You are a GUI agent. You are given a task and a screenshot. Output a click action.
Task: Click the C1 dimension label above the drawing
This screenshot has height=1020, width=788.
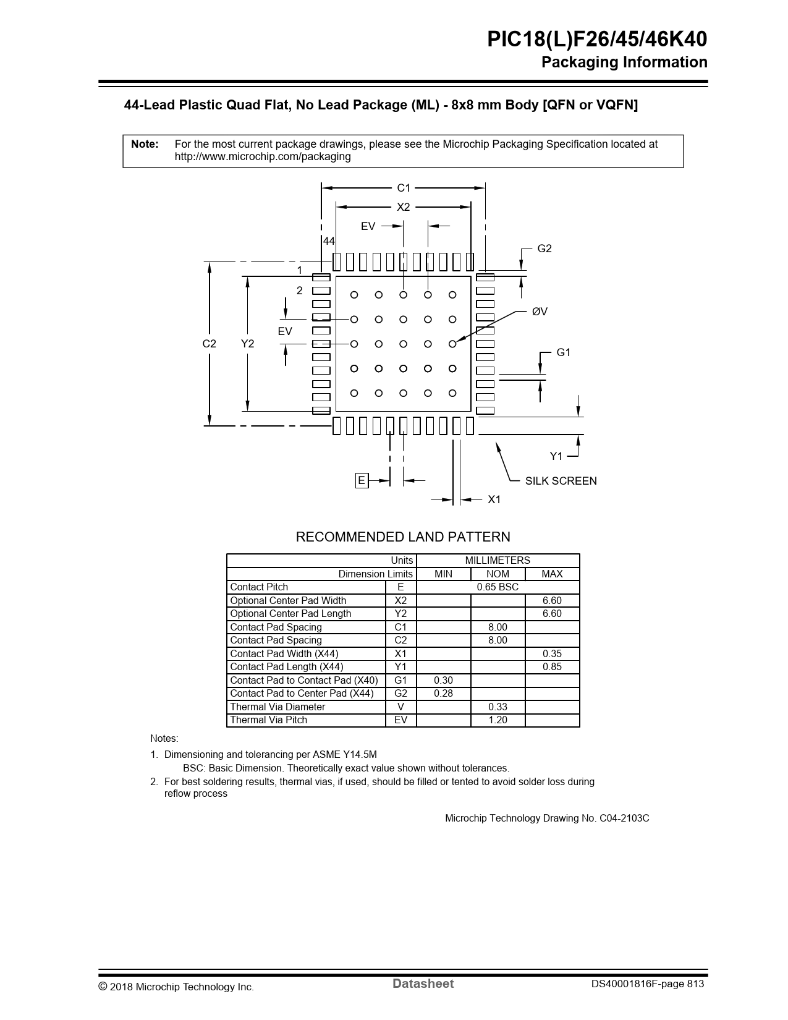tap(403, 188)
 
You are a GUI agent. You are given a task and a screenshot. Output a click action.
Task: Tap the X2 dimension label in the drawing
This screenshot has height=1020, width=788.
tap(403, 207)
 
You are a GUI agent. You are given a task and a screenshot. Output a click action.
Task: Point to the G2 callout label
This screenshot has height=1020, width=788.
tap(544, 249)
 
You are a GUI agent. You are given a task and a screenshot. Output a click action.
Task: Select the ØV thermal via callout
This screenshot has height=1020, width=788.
tap(540, 312)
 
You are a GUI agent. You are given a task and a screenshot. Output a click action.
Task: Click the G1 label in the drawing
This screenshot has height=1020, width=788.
tap(563, 352)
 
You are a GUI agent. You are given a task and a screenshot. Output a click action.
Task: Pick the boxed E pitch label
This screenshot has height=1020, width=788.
tap(362, 481)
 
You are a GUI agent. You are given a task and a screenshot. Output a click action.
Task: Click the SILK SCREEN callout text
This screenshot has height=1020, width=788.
tap(561, 481)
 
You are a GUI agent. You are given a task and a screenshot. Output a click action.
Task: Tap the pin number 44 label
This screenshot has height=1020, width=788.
tap(329, 241)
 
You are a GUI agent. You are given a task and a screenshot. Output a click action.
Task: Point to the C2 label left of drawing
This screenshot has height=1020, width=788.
tap(210, 344)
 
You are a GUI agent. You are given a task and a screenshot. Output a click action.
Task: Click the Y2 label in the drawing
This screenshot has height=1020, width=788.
tap(248, 344)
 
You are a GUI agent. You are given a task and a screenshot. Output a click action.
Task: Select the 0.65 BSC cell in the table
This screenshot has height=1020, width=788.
tap(498, 587)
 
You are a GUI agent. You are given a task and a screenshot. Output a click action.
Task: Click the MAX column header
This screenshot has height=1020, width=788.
tap(552, 574)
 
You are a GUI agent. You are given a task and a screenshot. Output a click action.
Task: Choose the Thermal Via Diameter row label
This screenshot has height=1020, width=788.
tap(277, 707)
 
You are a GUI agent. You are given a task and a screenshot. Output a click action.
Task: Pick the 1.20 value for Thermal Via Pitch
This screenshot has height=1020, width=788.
tap(498, 720)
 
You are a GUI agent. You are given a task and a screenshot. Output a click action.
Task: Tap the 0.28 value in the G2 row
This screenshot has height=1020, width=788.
tap(443, 694)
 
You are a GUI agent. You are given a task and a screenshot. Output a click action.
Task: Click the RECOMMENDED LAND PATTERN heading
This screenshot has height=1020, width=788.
tap(403, 537)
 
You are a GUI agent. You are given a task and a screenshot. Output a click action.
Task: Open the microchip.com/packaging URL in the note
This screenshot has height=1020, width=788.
tap(263, 156)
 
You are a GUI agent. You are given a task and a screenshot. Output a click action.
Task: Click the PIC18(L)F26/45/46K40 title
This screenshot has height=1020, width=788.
tap(597, 40)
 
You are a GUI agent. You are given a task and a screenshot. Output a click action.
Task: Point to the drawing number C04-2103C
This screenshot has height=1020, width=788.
tap(624, 818)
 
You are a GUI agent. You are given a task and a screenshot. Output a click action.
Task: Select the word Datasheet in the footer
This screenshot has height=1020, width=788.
tap(423, 984)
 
